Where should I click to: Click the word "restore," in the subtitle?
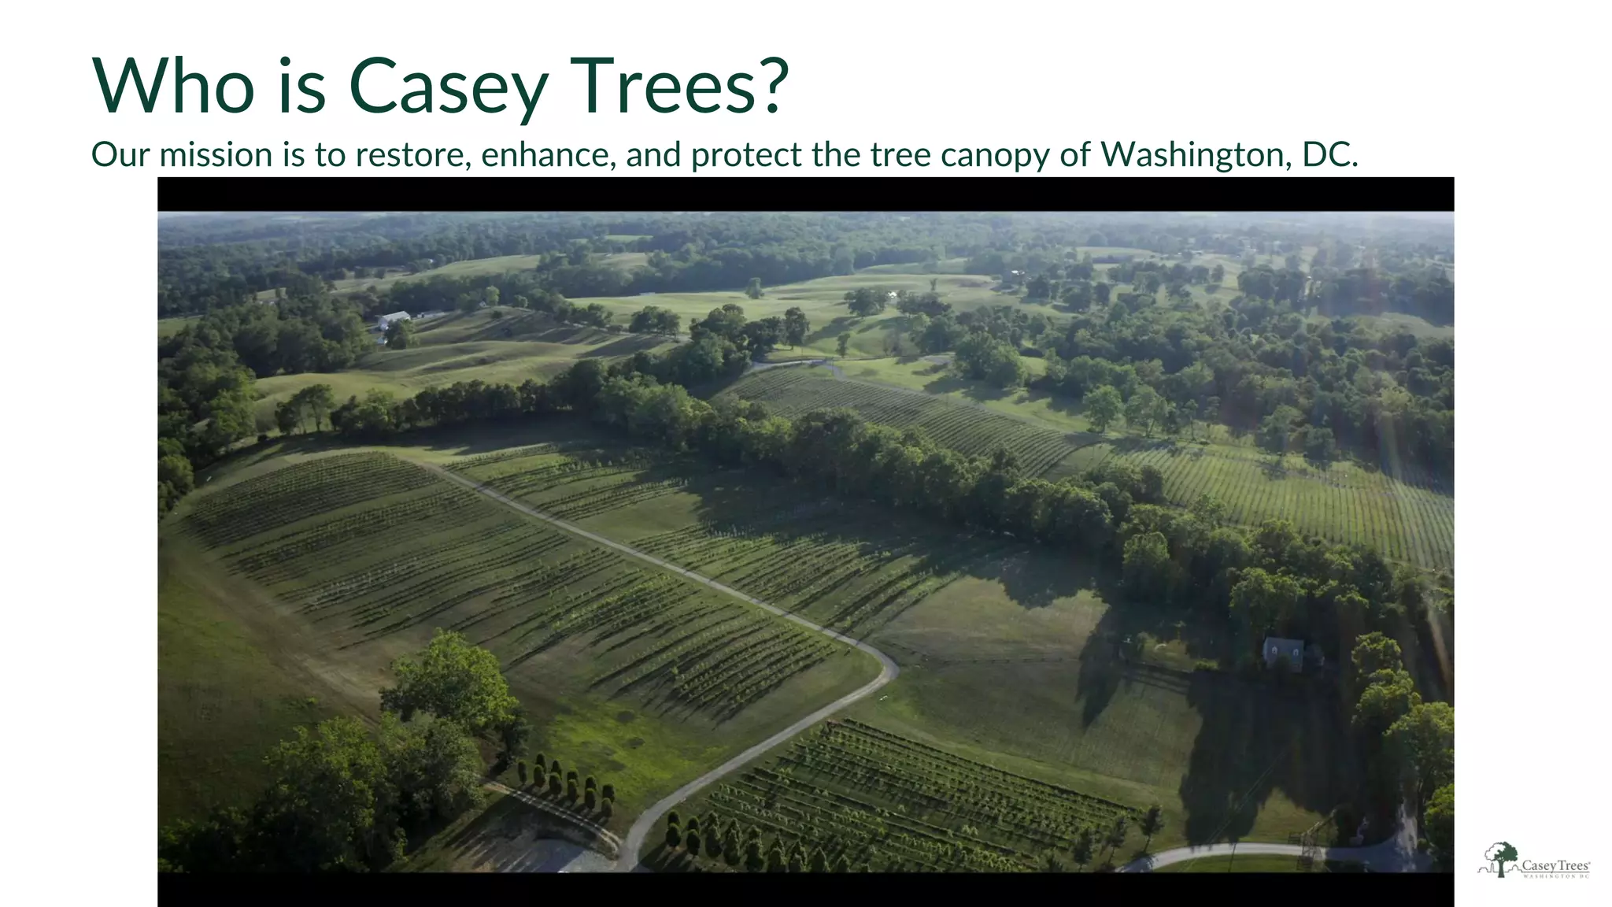click(x=412, y=154)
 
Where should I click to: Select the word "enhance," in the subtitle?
click(x=548, y=154)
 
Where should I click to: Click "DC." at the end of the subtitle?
click(x=1330, y=154)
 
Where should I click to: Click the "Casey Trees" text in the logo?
click(x=1555, y=865)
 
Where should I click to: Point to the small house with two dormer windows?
click(x=1283, y=652)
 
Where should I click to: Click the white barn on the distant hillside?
click(x=393, y=318)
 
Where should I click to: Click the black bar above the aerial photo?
click(x=805, y=194)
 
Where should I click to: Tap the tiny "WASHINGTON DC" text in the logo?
click(x=1556, y=876)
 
